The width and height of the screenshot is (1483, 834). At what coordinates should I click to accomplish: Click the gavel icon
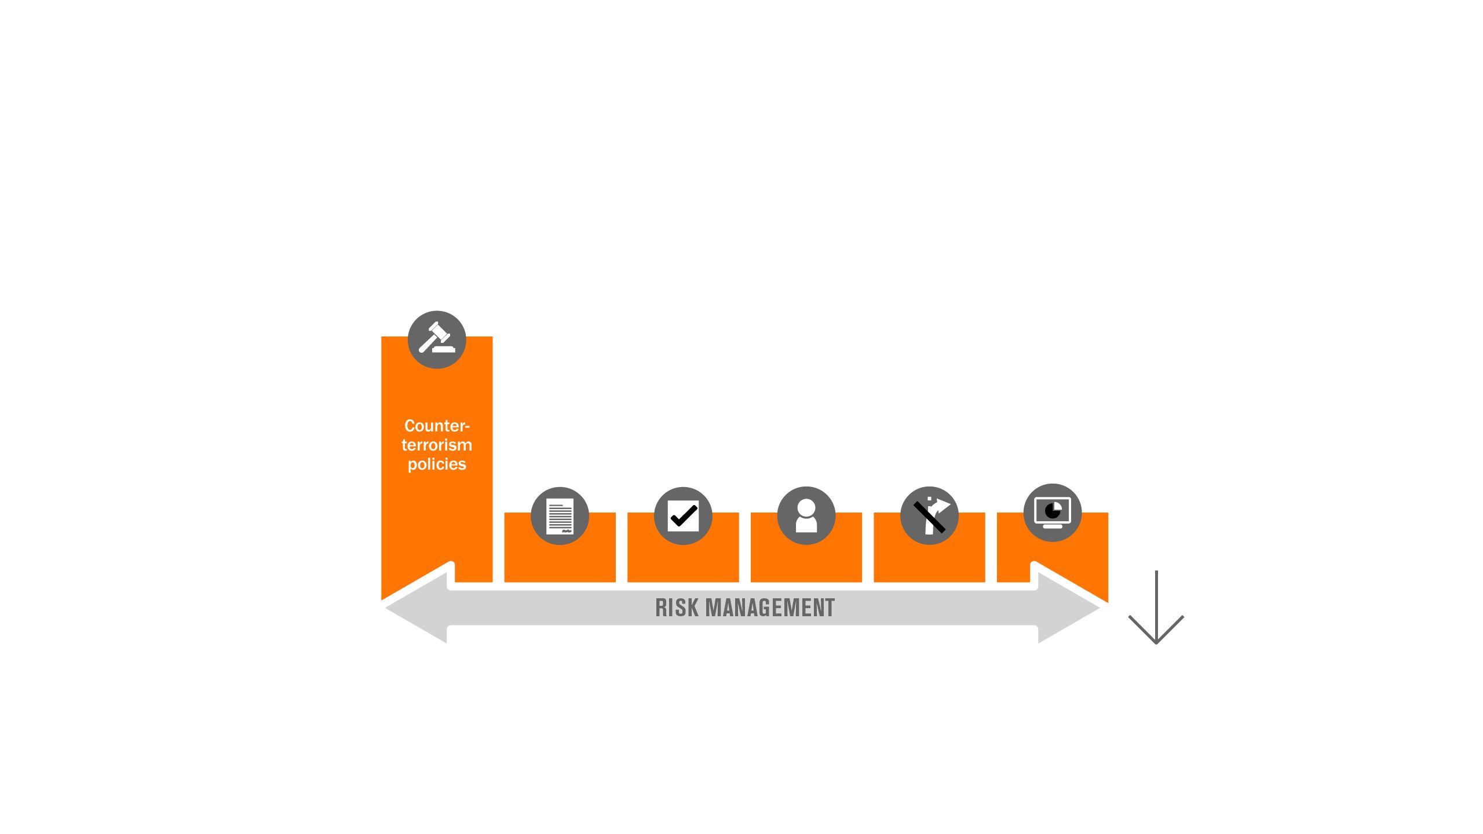(437, 339)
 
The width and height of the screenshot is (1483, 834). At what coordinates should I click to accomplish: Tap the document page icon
(560, 515)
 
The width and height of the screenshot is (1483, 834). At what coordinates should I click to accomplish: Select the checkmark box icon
(683, 515)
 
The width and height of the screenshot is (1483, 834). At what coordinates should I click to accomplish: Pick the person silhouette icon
(806, 515)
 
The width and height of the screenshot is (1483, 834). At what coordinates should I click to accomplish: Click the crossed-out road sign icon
(929, 515)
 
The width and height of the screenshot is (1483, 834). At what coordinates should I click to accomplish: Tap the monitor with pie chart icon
(1053, 513)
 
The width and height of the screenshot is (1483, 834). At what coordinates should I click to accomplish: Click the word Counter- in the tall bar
(437, 426)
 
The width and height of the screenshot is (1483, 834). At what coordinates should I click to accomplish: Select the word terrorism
(437, 445)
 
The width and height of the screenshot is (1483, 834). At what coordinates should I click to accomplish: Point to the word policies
(437, 464)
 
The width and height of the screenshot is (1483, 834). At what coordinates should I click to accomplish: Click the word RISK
(677, 608)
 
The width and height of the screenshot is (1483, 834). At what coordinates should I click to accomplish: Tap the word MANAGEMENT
(770, 608)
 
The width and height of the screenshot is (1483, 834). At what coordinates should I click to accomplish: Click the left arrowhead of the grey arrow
(416, 608)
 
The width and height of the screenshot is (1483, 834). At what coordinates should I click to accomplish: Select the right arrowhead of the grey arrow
(1069, 608)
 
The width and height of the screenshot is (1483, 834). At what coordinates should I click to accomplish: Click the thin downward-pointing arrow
(1156, 607)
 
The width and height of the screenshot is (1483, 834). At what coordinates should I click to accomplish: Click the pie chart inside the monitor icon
(1053, 511)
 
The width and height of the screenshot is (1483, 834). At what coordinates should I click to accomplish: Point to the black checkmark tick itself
(684, 515)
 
